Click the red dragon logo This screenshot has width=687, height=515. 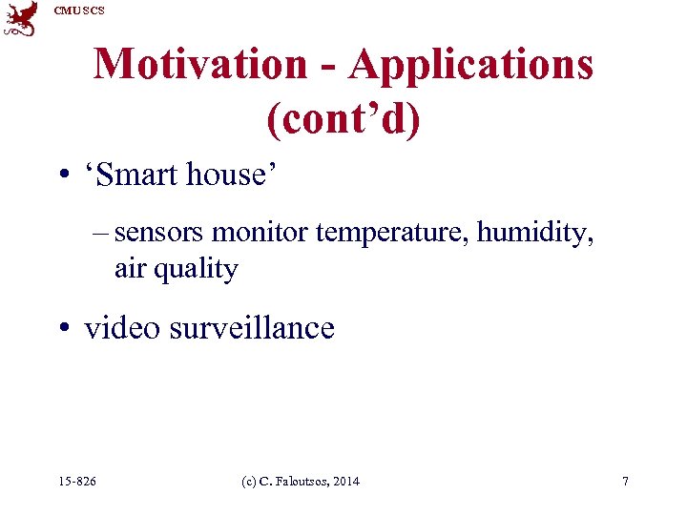[x=21, y=19]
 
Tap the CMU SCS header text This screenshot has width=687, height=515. [x=79, y=10]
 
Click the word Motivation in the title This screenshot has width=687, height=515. [x=199, y=65]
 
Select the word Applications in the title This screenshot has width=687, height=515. [x=471, y=65]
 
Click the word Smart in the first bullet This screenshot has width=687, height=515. [x=140, y=175]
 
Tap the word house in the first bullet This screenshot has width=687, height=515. [x=227, y=175]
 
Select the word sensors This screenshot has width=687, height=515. [x=159, y=233]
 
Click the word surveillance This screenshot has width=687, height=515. [x=252, y=328]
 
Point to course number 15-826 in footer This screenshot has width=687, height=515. [x=77, y=482]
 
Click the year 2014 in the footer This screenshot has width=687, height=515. [x=343, y=482]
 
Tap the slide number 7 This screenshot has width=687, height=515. [x=625, y=482]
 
